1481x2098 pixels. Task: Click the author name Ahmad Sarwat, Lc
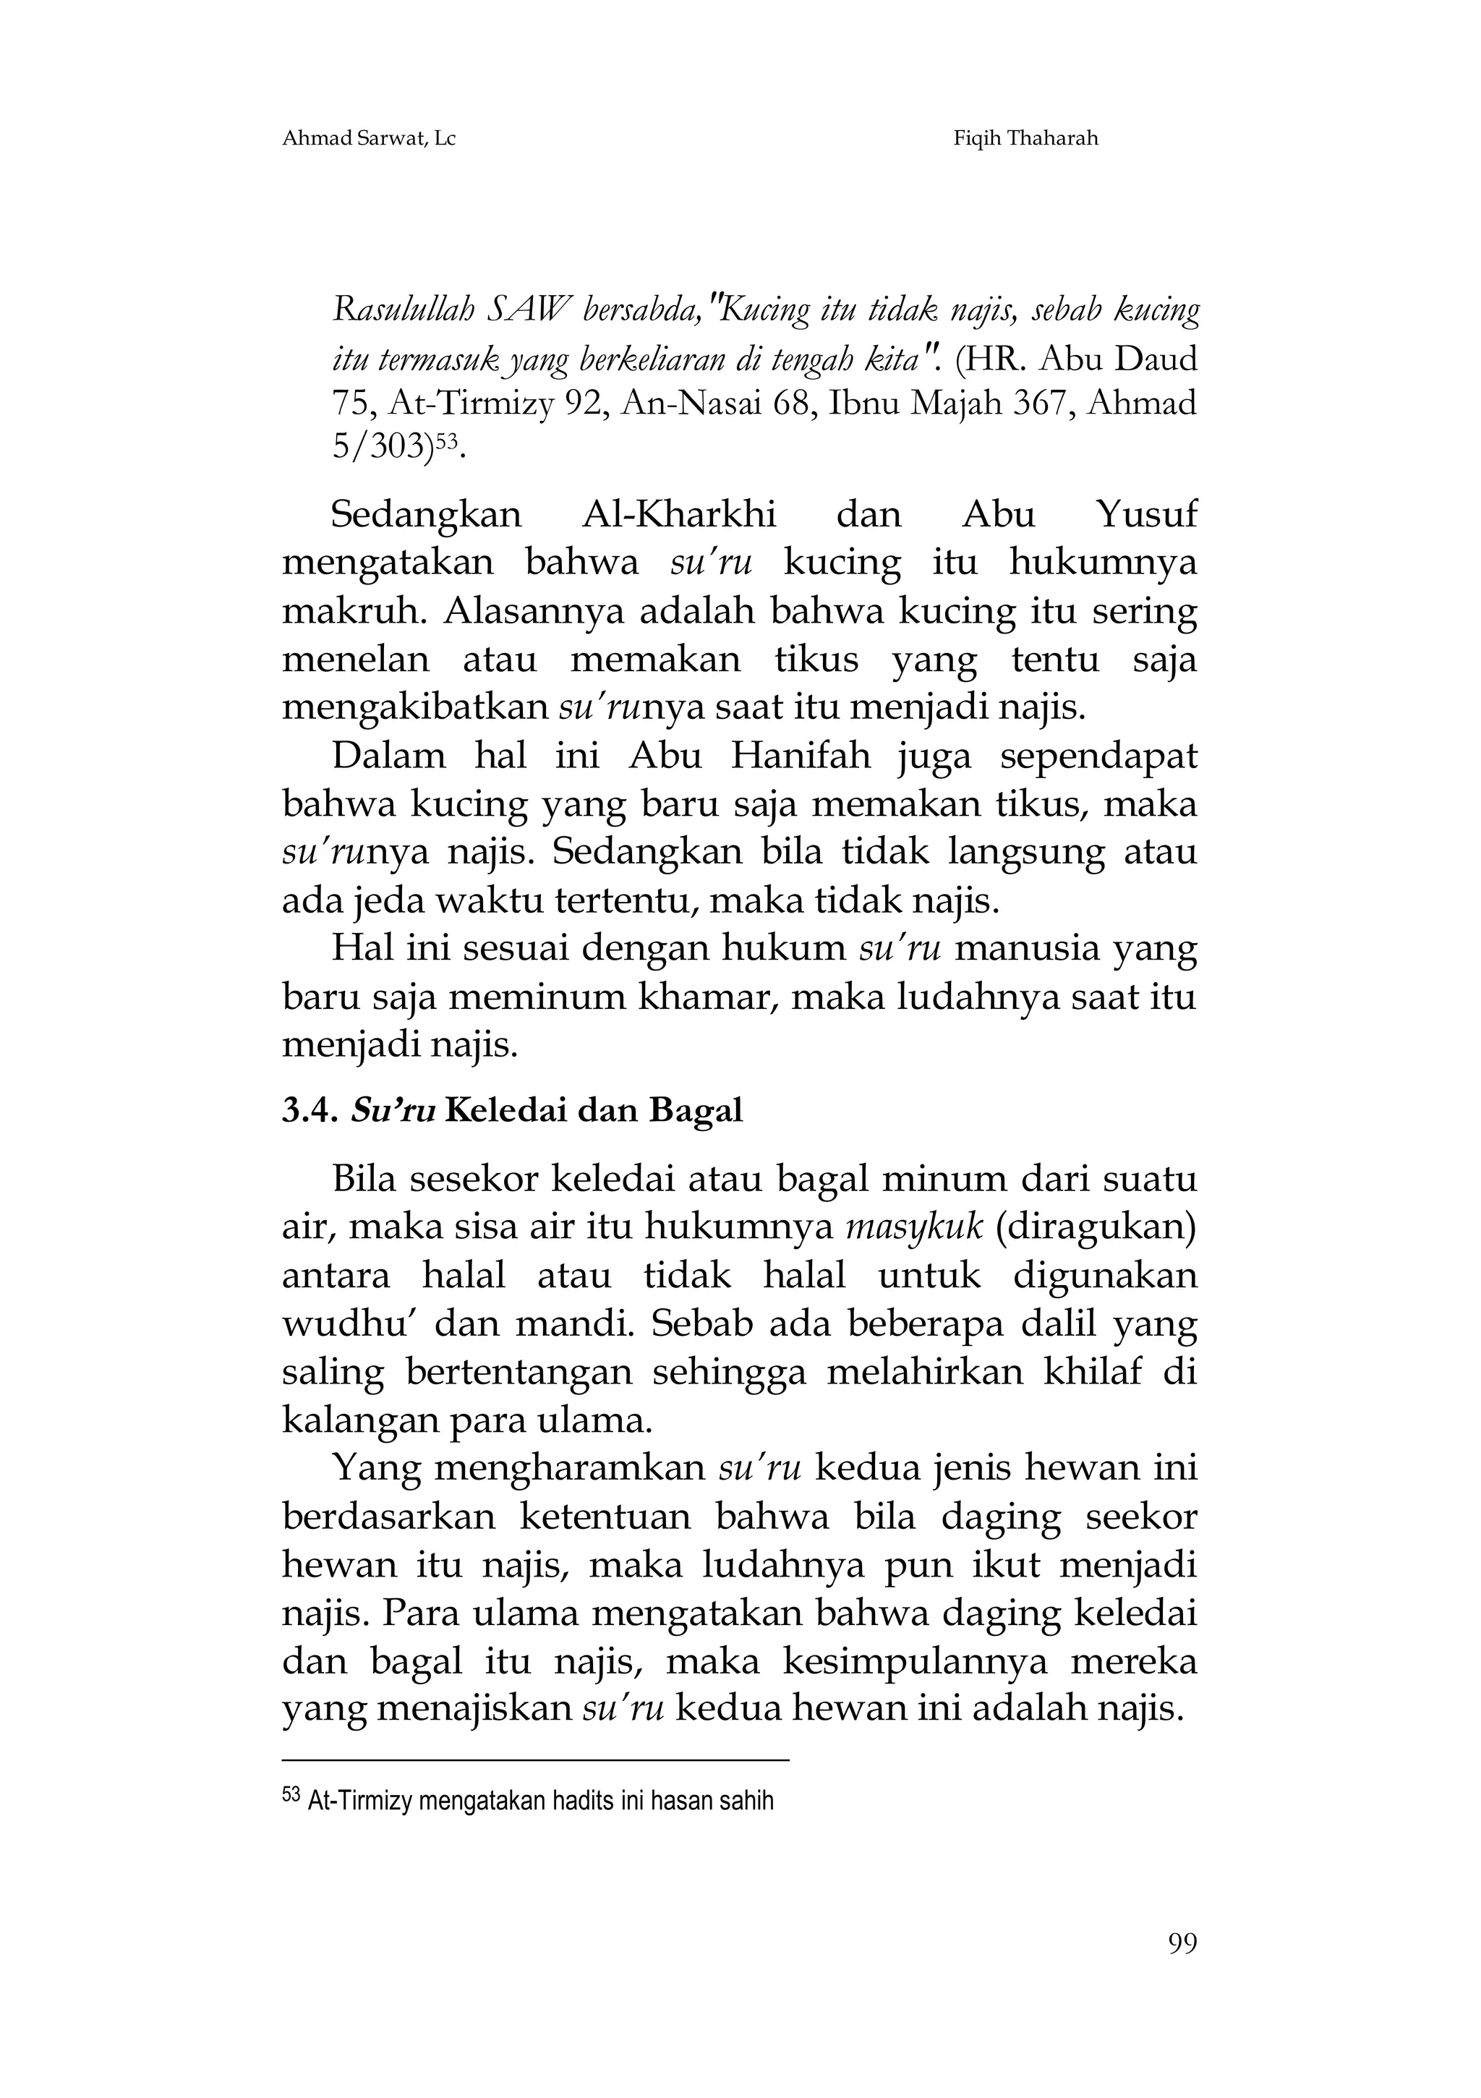[x=368, y=139]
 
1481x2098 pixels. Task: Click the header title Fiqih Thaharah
[x=1025, y=139]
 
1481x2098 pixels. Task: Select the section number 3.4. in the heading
[x=311, y=1110]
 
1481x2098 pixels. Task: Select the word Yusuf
[x=1145, y=514]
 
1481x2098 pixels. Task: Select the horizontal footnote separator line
[x=534, y=1759]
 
